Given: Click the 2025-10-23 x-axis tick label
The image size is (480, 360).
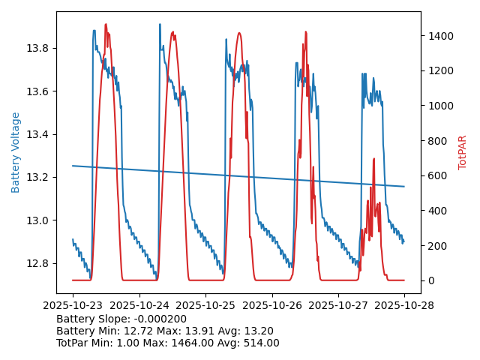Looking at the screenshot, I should click(73, 306).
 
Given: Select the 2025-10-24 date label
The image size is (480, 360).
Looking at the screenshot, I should click(139, 306).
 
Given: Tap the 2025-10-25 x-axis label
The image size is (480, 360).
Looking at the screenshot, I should click(205, 306).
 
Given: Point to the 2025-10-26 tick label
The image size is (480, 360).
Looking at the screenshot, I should click(271, 306).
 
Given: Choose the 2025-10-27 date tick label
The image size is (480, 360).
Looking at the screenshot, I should click(338, 306).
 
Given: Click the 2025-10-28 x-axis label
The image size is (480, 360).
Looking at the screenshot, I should click(404, 306).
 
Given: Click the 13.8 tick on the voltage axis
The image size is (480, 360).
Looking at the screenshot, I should click(38, 48).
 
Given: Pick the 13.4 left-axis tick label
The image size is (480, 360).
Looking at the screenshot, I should click(38, 134).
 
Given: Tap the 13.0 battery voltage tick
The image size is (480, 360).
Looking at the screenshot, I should click(38, 220).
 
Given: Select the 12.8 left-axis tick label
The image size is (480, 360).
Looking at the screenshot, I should click(38, 263).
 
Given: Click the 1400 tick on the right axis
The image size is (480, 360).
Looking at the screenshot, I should click(438, 36).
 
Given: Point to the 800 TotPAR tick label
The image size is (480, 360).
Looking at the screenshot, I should click(435, 141).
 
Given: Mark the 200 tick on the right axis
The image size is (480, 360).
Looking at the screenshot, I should click(435, 246).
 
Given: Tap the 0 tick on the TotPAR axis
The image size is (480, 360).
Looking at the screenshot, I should click(430, 280).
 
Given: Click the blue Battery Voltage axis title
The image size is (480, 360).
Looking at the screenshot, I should click(16, 152).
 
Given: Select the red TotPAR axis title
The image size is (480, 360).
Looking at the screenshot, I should click(463, 152).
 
